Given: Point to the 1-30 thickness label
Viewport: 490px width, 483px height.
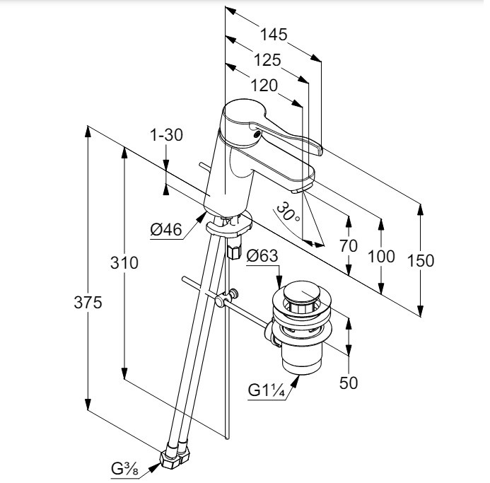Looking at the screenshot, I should tap(167, 134).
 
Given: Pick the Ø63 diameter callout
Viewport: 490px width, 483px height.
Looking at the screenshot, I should tap(262, 256).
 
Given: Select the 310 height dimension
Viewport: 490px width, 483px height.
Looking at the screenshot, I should tap(124, 263).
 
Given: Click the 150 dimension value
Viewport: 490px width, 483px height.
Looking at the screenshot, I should tap(421, 260).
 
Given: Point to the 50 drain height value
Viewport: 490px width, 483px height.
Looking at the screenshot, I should tap(349, 383).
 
